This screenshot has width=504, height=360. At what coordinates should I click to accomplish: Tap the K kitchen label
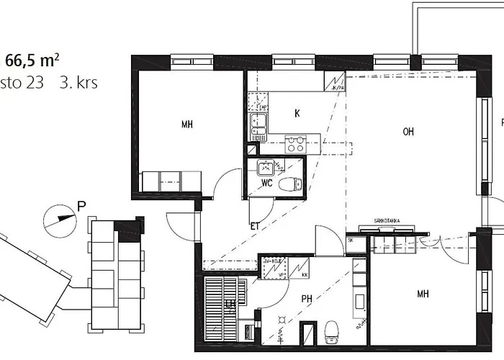pos(297,113)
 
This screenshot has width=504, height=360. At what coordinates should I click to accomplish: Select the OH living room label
pos(408,131)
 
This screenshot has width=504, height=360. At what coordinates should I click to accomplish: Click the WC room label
pos(266,183)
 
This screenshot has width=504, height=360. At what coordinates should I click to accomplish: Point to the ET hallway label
pos(254,225)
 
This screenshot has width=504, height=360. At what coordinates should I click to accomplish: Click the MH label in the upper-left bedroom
pos(187,125)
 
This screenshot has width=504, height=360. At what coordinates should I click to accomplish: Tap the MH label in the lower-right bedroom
pos(423,294)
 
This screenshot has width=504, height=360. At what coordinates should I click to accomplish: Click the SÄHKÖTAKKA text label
pos(387,221)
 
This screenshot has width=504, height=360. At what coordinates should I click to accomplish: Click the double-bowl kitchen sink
pos(258,127)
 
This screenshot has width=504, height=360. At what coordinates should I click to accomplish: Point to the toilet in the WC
pos(289,184)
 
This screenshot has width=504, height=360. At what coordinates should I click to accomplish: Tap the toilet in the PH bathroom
pos(332,332)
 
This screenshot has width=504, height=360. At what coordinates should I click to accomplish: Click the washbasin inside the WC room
pos(264,168)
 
